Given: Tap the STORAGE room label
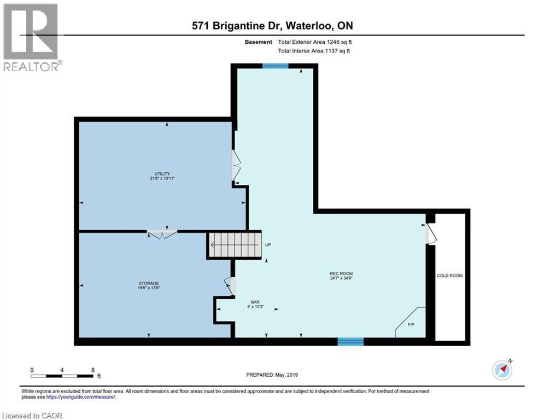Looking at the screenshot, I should coord(148,283).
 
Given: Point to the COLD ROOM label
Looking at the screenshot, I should coord(449,276).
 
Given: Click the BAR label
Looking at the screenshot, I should coord(254,301).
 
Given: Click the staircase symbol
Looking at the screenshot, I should coord(233,245).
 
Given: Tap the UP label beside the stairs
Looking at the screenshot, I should coord(268,245).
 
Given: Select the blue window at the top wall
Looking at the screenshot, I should coord(275,66).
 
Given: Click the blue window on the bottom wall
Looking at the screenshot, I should coord(350,342).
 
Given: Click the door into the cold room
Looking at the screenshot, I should coord(430,234).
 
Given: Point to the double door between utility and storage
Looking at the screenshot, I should coord(161,234).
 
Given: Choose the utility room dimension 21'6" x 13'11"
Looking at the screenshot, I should coord(157,178).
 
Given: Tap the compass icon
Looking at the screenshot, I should coord(502,370).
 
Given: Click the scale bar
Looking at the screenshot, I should coord(62,375).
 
